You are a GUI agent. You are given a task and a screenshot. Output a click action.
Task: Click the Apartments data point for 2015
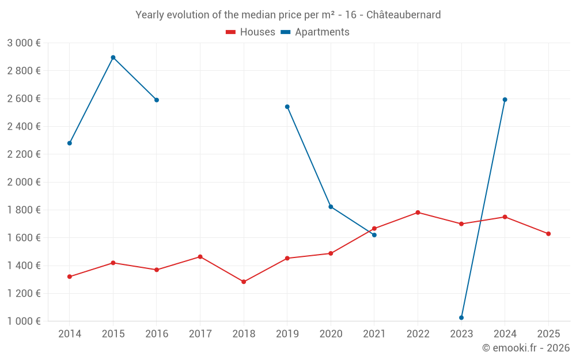(x=113, y=58)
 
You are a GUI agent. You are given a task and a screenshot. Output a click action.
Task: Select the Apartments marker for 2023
(x=461, y=317)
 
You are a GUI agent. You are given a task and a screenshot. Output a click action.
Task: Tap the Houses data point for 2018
(x=244, y=282)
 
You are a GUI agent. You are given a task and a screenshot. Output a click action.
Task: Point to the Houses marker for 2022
(x=418, y=213)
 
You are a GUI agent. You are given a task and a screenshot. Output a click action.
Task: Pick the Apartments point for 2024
(x=505, y=100)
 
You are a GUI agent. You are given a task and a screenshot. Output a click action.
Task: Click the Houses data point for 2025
(x=548, y=234)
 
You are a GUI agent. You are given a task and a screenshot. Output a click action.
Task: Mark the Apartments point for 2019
(x=287, y=107)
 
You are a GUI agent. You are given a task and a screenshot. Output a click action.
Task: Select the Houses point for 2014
(x=70, y=276)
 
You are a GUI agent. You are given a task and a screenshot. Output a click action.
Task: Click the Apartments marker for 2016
(x=157, y=100)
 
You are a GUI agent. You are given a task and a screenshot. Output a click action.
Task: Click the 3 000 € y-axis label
(x=24, y=43)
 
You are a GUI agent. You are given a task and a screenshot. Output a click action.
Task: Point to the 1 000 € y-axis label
(x=24, y=321)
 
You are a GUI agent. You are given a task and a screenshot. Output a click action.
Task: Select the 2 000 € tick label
(x=24, y=182)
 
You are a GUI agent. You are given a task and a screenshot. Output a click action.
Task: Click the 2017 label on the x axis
(x=200, y=334)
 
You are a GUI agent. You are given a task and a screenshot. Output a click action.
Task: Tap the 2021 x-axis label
(x=374, y=334)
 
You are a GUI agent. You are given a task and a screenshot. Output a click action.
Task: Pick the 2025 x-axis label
(x=548, y=334)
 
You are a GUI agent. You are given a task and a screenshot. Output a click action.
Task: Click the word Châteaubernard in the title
(x=404, y=15)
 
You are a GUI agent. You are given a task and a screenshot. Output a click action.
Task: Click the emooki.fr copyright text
(x=525, y=348)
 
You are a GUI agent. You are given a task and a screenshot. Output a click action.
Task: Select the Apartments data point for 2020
(x=331, y=207)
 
